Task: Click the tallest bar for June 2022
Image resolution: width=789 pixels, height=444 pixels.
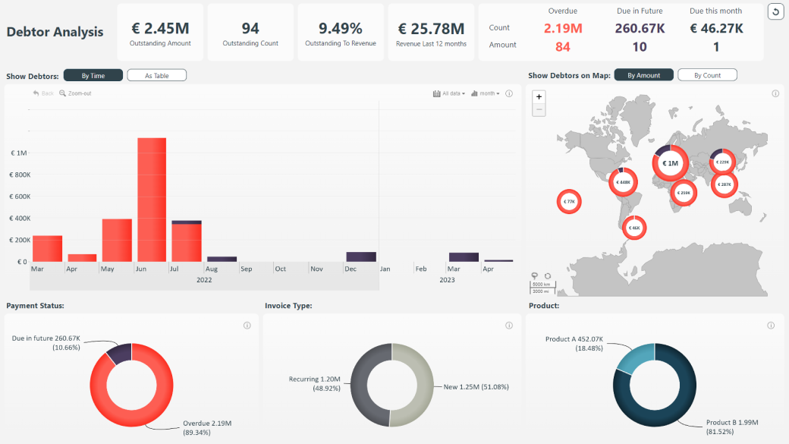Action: (152, 200)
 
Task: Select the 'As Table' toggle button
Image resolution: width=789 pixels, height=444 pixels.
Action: (156, 76)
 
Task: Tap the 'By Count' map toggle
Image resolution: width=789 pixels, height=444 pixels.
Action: (706, 75)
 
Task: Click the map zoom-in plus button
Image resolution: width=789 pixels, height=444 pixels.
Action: (539, 97)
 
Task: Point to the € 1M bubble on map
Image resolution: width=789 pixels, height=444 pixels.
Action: (670, 162)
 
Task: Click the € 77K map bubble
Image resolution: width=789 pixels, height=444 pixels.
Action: (569, 201)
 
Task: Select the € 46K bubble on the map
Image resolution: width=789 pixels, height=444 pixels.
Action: (634, 227)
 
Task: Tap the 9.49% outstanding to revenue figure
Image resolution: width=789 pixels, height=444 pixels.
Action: (340, 28)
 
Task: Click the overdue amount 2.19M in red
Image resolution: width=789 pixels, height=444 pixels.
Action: (562, 28)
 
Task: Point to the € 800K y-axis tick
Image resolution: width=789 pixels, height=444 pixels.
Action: (17, 175)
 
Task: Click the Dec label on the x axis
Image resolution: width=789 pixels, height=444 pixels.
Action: (350, 269)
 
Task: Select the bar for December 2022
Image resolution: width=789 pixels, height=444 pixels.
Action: (361, 257)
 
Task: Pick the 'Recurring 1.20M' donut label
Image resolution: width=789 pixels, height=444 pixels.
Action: (313, 379)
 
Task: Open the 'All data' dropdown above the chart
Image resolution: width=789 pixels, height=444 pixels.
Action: (449, 93)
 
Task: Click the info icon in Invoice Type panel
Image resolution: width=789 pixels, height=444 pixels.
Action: (508, 326)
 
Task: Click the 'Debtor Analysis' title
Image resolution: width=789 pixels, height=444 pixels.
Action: (55, 32)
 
